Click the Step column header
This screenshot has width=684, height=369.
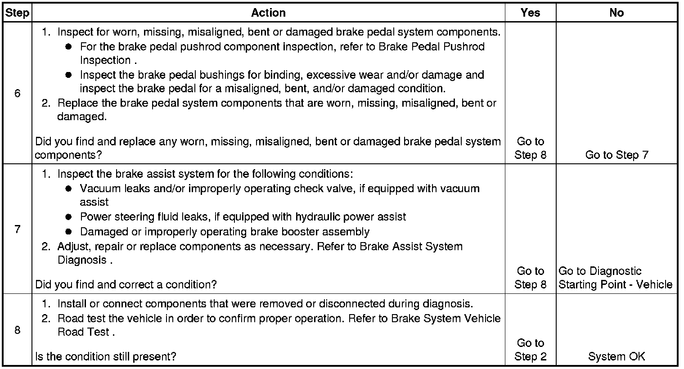[17, 13]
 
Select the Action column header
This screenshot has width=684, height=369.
[268, 13]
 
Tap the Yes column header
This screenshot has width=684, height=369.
[530, 13]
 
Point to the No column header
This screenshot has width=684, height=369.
[616, 13]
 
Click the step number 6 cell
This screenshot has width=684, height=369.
[17, 94]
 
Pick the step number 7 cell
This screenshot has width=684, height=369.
[17, 229]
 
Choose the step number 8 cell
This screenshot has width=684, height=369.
[17, 330]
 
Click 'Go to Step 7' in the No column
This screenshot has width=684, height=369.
[616, 155]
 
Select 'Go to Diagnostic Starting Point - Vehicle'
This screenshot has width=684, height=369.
[615, 278]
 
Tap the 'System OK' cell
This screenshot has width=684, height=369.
[616, 356]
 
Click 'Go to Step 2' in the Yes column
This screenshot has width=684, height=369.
[530, 350]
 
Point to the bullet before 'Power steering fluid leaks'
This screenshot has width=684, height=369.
[68, 217]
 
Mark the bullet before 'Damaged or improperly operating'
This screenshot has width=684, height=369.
[68, 232]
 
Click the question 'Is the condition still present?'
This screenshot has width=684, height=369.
[106, 356]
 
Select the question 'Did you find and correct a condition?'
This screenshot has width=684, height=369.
[126, 284]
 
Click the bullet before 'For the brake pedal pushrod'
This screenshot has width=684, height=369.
[68, 47]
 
